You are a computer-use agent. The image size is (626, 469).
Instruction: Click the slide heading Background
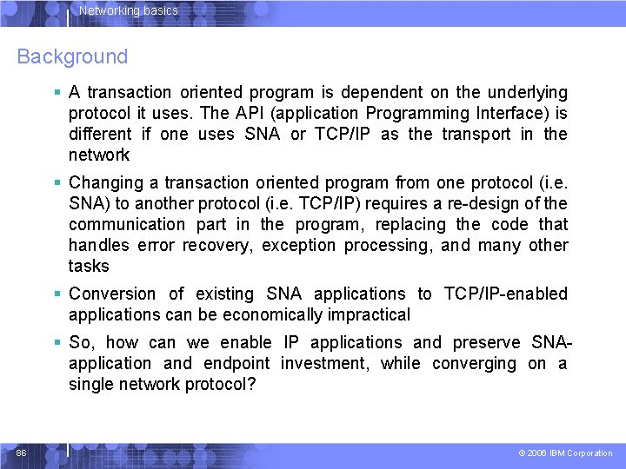tap(72, 57)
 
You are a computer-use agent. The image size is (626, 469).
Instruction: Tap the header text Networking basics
tap(128, 11)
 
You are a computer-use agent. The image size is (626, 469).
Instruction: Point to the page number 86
tap(21, 452)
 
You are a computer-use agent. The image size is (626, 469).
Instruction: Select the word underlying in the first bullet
tap(527, 92)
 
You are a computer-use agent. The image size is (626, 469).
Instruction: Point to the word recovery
tap(215, 245)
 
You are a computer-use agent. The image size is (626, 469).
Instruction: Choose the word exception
tap(298, 245)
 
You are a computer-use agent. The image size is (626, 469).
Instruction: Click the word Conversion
tap(112, 294)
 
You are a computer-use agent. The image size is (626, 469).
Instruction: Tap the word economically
tap(274, 314)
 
